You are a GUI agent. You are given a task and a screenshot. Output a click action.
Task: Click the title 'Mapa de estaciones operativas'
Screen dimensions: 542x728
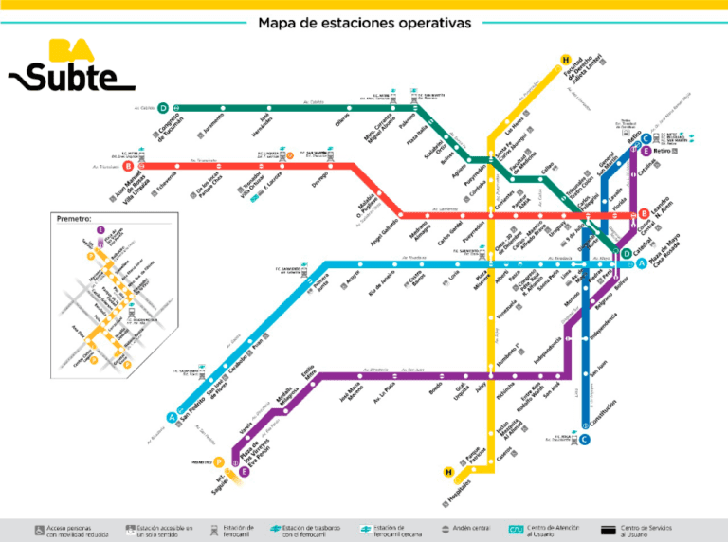[x=364, y=23]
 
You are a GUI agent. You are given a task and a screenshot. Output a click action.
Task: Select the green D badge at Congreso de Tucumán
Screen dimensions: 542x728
[x=164, y=108]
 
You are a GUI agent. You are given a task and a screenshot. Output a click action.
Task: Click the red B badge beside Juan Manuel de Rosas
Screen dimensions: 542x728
[x=128, y=166]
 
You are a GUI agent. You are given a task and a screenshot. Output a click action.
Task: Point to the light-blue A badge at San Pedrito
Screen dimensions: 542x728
[x=172, y=416]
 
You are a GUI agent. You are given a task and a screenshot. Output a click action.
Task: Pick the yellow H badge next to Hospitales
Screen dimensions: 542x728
[x=448, y=471]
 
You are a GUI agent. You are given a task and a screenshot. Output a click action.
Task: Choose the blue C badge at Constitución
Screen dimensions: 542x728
[x=585, y=438]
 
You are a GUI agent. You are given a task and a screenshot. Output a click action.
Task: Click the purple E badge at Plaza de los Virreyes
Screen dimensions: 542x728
[x=244, y=471]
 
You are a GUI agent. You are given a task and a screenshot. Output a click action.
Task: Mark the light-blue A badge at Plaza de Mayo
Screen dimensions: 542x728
[x=642, y=263]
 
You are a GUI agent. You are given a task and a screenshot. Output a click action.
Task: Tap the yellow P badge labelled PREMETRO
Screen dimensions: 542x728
[x=219, y=462]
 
